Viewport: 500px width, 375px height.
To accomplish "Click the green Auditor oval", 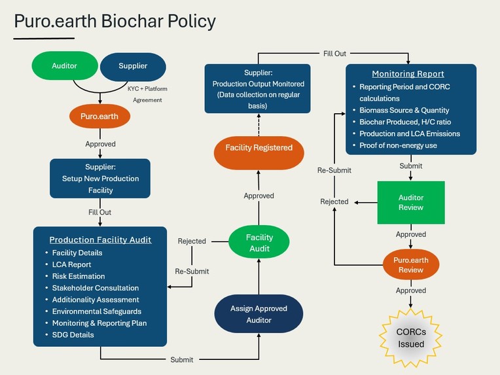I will tap(64, 66).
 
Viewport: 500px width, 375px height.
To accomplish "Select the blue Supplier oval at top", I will tap(133, 66).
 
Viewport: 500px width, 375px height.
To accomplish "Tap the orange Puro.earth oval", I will tap(100, 117).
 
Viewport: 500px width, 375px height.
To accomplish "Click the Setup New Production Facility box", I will tap(100, 178).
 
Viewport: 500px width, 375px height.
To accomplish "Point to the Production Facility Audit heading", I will tap(100, 240).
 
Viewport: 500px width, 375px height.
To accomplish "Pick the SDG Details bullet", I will tap(73, 335).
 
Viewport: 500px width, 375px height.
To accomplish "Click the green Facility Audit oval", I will tap(259, 243).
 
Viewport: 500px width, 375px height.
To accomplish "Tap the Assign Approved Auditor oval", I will tap(259, 314).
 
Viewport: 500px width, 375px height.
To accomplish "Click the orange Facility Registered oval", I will tap(259, 148).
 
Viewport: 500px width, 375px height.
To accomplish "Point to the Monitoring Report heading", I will tap(408, 74).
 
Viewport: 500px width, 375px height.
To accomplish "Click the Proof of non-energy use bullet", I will tap(398, 145).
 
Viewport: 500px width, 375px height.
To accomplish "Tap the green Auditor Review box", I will tap(411, 202).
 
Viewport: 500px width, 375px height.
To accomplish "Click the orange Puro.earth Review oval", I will tap(411, 265).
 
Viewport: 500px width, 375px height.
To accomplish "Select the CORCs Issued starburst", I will tap(410, 338).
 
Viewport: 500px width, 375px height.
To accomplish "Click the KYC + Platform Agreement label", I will tap(147, 94).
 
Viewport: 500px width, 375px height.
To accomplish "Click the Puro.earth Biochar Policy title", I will tap(115, 21).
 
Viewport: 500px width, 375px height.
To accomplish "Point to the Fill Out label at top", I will tap(334, 54).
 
